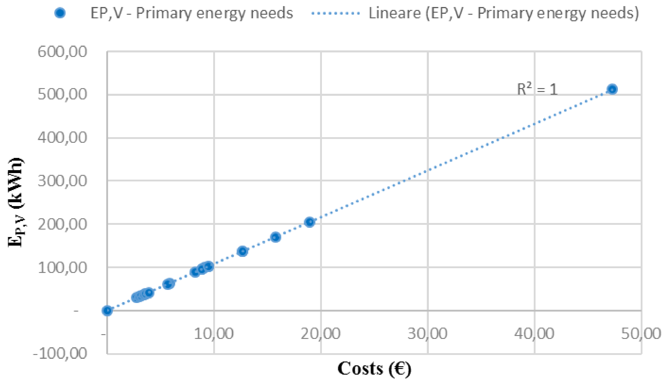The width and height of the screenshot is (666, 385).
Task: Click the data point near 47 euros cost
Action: click(612, 89)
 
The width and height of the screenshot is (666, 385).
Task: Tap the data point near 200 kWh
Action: click(309, 222)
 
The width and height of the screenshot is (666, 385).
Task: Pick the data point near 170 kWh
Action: click(276, 237)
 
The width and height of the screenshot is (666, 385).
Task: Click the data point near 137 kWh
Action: click(242, 251)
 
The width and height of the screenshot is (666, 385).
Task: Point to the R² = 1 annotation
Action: click(537, 89)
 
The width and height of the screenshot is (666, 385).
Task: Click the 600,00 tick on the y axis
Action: click(62, 52)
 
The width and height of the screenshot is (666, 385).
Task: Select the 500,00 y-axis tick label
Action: click(62, 94)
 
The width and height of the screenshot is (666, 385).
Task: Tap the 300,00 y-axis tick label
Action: click(62, 181)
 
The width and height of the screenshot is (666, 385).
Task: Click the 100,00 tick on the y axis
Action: click(62, 268)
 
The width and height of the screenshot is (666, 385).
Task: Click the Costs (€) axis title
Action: click(374, 369)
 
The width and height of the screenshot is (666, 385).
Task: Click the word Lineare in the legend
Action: click(394, 13)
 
